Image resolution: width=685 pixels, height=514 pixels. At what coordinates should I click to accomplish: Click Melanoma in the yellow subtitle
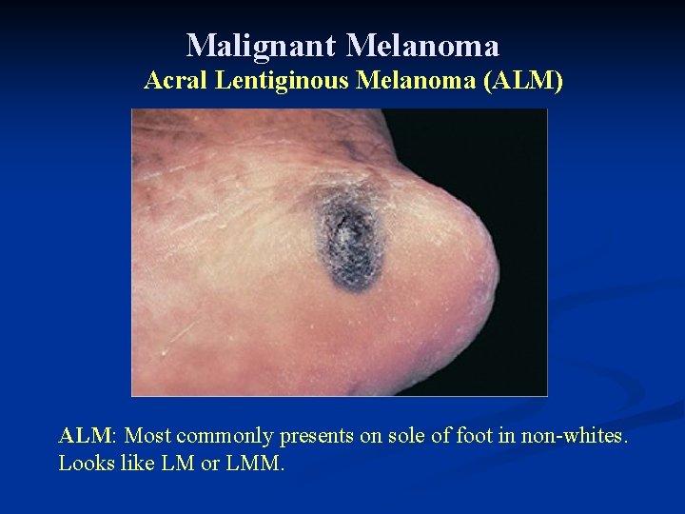[417, 82]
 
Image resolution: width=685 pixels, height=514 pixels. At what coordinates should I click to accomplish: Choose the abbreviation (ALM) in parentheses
[523, 82]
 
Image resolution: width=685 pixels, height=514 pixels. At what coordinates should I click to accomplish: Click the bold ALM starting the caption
[86, 436]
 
